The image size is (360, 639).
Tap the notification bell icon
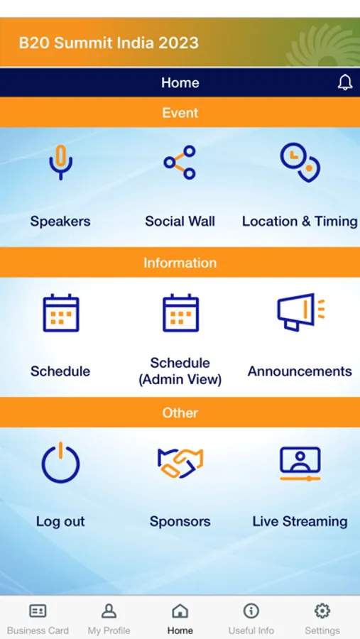(x=345, y=82)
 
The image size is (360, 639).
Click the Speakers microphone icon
(x=61, y=161)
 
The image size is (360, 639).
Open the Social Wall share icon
(x=180, y=163)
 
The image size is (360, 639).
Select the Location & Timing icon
(x=300, y=162)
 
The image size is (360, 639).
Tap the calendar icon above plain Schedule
(x=61, y=312)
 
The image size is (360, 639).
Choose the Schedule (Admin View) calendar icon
(x=180, y=312)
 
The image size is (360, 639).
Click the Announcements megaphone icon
(x=300, y=312)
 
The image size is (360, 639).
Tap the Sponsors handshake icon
(x=180, y=463)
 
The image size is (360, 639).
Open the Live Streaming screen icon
(x=300, y=464)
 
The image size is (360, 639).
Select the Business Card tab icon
(x=38, y=611)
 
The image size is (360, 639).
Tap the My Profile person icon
(x=109, y=611)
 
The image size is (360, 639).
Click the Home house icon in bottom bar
(x=180, y=611)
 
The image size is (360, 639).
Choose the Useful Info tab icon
(x=251, y=611)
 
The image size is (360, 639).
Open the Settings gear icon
(x=322, y=611)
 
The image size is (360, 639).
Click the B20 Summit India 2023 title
(x=109, y=43)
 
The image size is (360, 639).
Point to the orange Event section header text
(x=180, y=112)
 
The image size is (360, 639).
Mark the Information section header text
(x=180, y=263)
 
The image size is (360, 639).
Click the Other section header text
(x=180, y=413)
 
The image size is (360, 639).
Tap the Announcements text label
(x=300, y=371)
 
